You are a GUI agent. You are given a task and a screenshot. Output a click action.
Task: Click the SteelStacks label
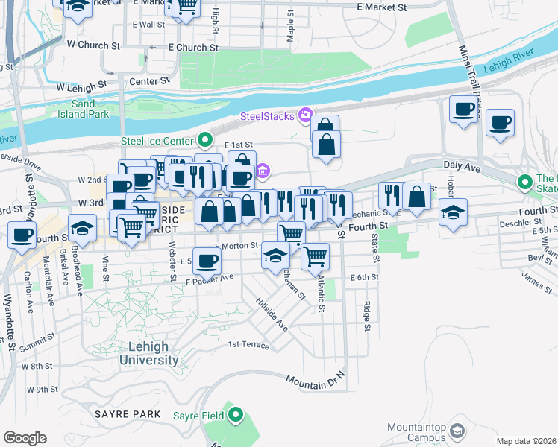266,115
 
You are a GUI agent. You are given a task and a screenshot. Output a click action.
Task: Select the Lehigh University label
153,354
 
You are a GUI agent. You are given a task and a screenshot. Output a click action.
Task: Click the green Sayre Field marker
236,415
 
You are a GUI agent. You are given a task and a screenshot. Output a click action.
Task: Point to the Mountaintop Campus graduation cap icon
457,431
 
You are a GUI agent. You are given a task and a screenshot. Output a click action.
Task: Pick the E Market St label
382,7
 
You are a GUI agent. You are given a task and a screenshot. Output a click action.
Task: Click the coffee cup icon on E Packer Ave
208,261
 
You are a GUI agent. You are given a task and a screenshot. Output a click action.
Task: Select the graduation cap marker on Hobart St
453,212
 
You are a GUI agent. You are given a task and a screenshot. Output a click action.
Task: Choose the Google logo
25,437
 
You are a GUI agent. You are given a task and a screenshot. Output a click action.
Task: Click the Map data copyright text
525,441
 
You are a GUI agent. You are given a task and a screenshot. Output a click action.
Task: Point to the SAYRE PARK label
128,413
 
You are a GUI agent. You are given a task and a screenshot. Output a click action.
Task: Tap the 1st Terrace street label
248,344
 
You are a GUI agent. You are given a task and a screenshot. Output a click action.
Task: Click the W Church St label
93,45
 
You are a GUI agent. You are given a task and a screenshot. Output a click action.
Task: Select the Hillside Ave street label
273,314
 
